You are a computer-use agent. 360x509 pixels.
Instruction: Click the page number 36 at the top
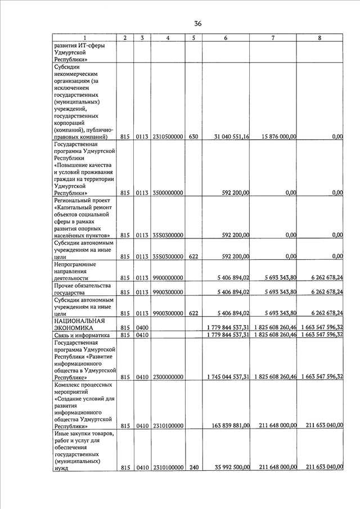tap(197, 24)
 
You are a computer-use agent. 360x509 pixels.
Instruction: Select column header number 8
tap(319, 38)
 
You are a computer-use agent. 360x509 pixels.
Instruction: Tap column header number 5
tap(193, 38)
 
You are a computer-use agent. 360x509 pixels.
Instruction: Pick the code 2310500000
tap(168, 137)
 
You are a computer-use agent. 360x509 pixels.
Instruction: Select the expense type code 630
tap(193, 137)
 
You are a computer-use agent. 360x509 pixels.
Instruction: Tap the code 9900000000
tap(168, 278)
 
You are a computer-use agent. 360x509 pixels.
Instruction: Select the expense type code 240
tap(193, 467)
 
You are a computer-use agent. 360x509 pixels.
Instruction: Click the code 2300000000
tap(168, 377)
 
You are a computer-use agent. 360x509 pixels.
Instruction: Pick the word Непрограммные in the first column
tap(75, 264)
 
